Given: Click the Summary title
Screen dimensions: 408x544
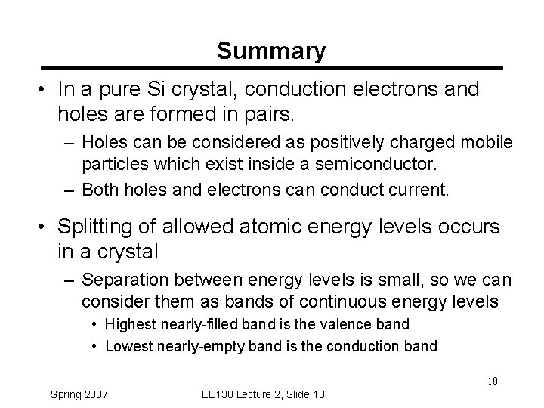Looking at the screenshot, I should [x=271, y=51].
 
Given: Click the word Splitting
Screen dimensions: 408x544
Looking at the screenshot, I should [x=96, y=227].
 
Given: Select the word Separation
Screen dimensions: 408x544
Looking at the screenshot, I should [x=122, y=280].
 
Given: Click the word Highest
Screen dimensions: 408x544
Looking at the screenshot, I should [x=129, y=325].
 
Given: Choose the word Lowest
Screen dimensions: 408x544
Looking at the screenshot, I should [x=128, y=347].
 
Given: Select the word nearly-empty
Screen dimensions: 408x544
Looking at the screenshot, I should [x=193, y=347].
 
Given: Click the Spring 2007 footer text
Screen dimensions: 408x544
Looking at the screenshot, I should [x=79, y=394].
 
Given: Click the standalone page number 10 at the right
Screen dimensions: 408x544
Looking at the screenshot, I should [x=491, y=381].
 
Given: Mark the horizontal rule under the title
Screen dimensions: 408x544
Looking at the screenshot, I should [x=271, y=67].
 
